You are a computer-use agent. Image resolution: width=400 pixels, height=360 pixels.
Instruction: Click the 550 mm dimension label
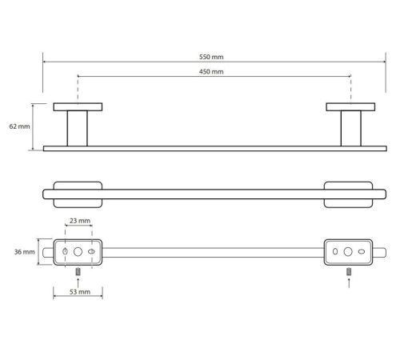(x=211, y=57)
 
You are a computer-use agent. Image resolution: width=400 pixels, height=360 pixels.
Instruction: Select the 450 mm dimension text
(x=211, y=71)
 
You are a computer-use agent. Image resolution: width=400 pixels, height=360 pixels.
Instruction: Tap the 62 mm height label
(x=19, y=126)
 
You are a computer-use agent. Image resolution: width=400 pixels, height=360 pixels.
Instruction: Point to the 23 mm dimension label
(x=80, y=221)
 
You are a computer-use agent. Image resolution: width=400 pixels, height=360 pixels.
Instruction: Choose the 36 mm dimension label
(x=25, y=252)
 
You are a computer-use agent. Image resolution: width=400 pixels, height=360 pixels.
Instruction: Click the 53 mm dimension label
(x=80, y=292)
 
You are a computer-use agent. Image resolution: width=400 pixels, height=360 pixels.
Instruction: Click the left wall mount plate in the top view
(x=78, y=107)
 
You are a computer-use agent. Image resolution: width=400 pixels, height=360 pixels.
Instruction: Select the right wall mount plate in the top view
(x=350, y=107)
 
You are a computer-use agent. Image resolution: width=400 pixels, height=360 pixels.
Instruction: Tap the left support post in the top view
(x=78, y=129)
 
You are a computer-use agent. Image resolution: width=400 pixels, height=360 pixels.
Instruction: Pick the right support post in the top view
(x=351, y=129)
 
